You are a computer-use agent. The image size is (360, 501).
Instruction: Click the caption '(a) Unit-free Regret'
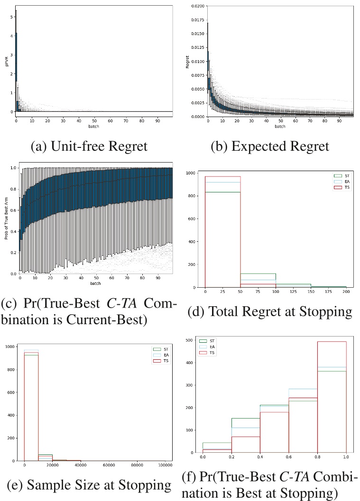click(x=89, y=146)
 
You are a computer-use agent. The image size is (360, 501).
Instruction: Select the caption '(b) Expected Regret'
click(x=270, y=146)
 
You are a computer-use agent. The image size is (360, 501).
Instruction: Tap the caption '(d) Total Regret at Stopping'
click(x=270, y=311)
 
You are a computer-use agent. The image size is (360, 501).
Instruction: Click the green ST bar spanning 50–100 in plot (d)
click(x=258, y=273)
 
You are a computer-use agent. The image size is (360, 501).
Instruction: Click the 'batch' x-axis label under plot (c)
click(x=96, y=284)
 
